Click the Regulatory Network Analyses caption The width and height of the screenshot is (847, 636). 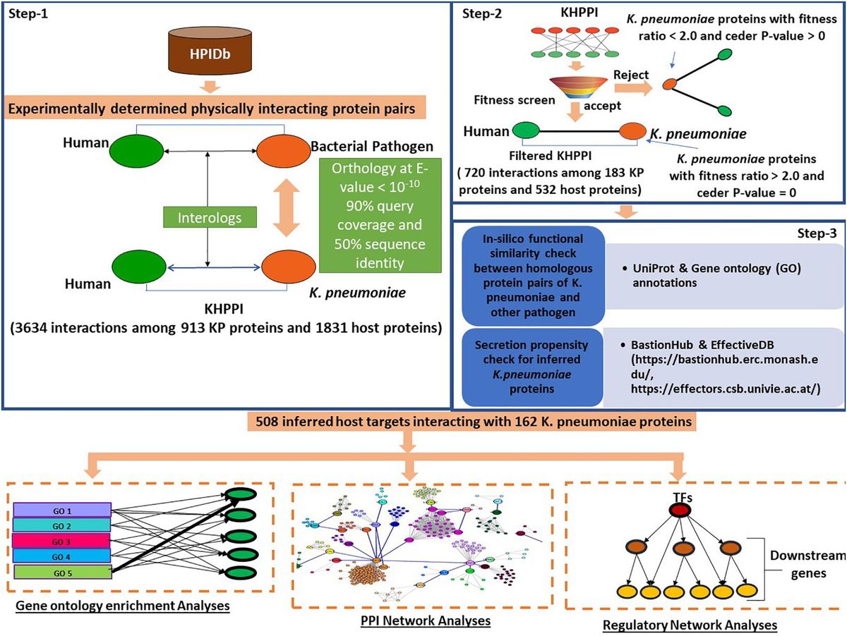[x=689, y=625]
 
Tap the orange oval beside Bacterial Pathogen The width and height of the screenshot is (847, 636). [x=281, y=150]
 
